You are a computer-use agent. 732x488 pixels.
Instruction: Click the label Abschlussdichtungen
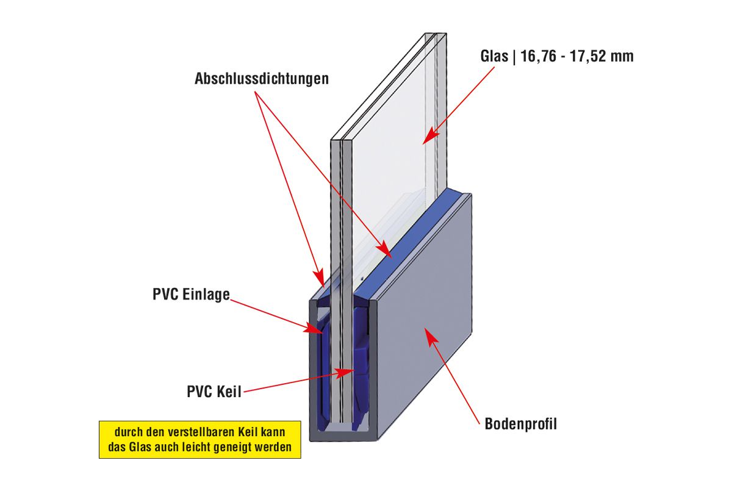[262, 79]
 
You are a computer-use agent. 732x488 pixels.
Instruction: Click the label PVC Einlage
[191, 295]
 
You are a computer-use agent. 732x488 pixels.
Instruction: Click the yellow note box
[200, 439]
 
